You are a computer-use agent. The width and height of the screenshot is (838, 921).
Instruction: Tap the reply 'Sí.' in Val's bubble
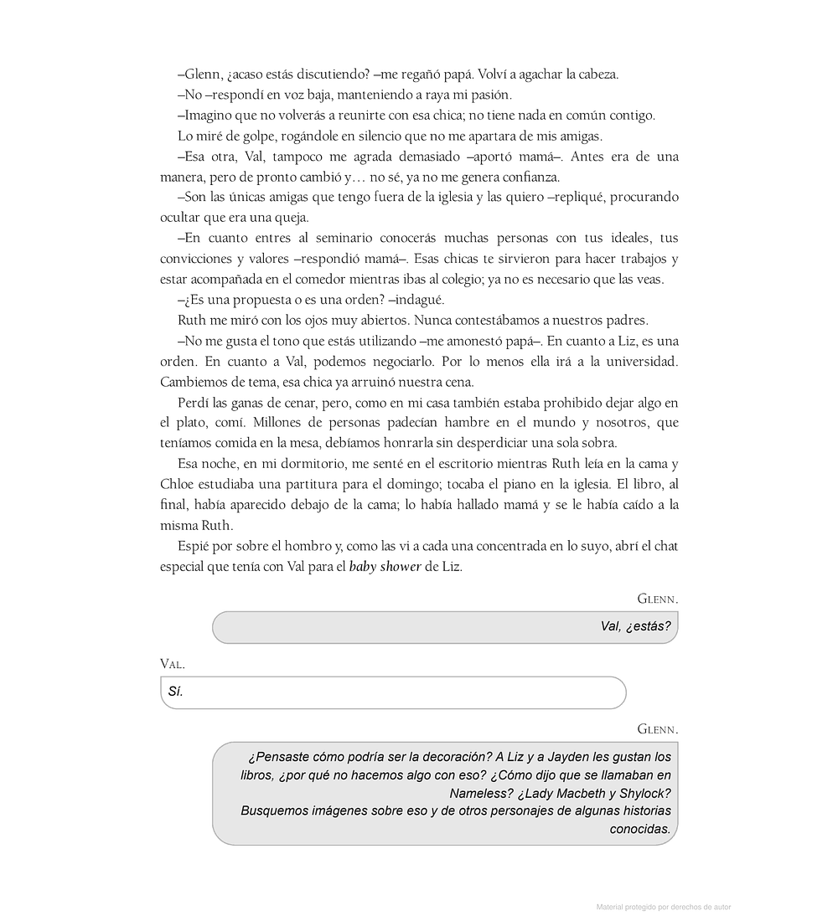click(175, 692)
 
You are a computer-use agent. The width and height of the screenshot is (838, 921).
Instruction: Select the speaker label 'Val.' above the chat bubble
click(172, 664)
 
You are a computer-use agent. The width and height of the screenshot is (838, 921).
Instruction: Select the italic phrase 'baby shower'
click(385, 566)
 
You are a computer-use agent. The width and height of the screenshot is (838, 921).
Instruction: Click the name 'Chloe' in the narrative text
click(177, 484)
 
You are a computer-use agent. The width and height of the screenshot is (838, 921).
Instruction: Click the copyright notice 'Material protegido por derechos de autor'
click(663, 907)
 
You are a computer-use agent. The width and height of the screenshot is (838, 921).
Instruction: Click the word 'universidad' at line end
click(641, 362)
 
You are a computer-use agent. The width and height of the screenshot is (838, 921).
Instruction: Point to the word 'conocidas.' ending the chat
click(640, 829)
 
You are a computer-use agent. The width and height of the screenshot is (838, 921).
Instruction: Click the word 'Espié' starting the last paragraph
click(192, 546)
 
